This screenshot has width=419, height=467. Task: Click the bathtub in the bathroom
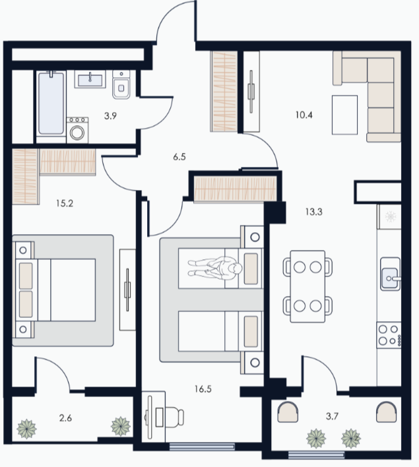tap(51, 103)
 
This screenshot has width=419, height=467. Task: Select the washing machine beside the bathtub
tap(77, 130)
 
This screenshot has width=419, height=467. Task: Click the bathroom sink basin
tap(90, 79)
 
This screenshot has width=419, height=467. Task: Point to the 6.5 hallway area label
tap(179, 157)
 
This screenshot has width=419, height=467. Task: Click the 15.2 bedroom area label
tap(65, 203)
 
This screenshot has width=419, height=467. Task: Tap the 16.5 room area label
tap(203, 389)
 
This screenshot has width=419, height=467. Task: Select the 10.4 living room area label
tap(304, 115)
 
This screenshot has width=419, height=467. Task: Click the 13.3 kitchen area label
tap(314, 212)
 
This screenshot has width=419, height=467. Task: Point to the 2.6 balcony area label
tap(65, 418)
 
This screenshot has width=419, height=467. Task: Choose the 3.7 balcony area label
tap(332, 416)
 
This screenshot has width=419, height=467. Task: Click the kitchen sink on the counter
tap(391, 274)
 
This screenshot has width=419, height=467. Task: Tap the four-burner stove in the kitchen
tap(389, 335)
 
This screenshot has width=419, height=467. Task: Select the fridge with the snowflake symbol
tap(389, 216)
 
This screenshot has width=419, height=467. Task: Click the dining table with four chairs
tap(307, 286)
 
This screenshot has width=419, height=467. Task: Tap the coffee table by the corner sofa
tap(345, 115)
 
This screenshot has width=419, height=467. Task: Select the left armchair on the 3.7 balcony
tap(288, 412)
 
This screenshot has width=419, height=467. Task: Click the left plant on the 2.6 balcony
tap(26, 429)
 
